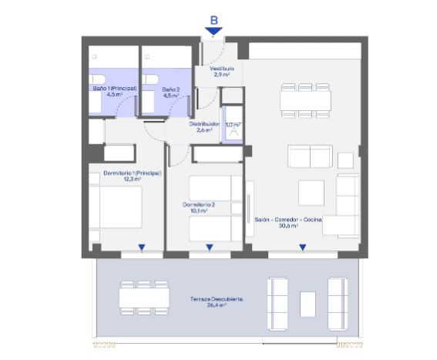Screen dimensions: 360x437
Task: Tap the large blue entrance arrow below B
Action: [x=213, y=32]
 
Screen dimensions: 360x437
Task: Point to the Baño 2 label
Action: [x=170, y=89]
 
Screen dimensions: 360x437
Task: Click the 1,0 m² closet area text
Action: [x=233, y=124]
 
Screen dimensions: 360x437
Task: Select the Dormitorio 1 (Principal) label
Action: [x=132, y=173]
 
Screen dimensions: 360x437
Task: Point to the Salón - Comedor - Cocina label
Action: [x=288, y=220]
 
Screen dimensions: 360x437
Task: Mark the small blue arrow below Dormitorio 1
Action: [x=142, y=247]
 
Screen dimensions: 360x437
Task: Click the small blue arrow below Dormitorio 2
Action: [x=210, y=247]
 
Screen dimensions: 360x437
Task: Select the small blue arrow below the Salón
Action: [x=302, y=247]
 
